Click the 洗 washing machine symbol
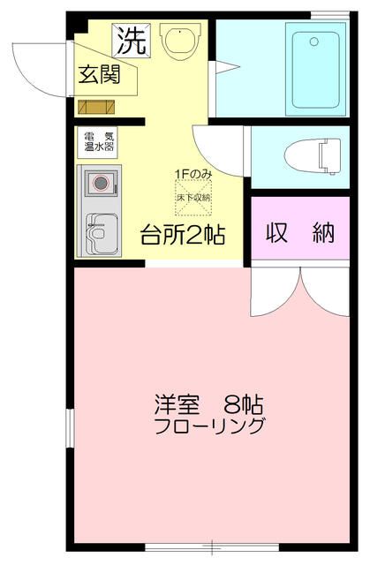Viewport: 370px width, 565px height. click(130, 39)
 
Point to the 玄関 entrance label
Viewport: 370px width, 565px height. click(103, 75)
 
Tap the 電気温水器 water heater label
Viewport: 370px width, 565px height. click(99, 142)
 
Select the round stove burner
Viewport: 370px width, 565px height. click(102, 184)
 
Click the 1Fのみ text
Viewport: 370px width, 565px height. click(192, 174)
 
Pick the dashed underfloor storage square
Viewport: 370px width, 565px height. click(193, 196)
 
